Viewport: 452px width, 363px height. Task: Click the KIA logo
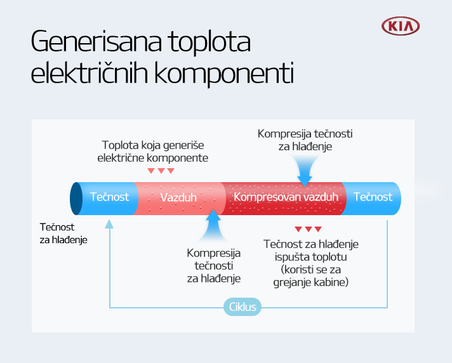(401, 26)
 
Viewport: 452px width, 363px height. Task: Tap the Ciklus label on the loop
(243, 307)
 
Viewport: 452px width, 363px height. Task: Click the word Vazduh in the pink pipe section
(178, 197)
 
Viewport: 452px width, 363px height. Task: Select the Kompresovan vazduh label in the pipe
(286, 197)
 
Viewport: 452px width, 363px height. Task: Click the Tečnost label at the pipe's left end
(109, 197)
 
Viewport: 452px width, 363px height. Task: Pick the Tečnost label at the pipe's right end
(373, 197)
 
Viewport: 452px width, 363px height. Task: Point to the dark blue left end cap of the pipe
(76, 199)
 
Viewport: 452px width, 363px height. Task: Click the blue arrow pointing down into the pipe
(305, 171)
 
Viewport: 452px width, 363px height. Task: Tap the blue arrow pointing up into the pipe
(213, 225)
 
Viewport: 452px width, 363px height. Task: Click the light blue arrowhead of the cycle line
(109, 224)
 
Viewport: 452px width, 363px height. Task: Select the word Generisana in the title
(96, 41)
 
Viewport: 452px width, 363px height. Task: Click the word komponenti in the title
(224, 73)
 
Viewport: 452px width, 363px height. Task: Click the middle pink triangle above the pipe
(161, 171)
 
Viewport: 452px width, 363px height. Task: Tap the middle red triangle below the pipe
(309, 229)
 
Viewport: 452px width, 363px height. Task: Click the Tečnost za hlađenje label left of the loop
(63, 234)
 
